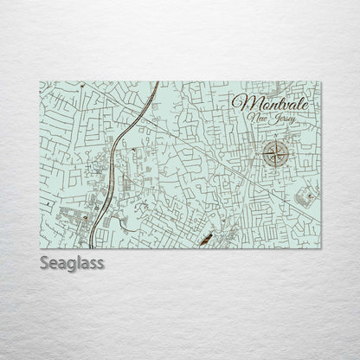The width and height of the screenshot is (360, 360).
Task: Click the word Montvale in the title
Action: coord(268,100)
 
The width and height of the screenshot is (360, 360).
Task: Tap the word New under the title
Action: coord(257,117)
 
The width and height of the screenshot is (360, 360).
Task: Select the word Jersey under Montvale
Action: coord(283,118)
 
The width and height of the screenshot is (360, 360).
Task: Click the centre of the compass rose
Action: coord(276,156)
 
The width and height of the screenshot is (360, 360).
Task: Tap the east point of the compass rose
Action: coord(291,156)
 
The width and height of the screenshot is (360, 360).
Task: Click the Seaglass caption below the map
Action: coord(71,262)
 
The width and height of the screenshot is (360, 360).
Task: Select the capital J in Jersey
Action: coord(273,118)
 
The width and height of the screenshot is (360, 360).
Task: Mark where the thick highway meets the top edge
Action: coord(157,83)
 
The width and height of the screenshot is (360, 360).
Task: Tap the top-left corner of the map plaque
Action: coord(40,82)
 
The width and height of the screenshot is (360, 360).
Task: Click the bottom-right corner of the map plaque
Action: coord(321,248)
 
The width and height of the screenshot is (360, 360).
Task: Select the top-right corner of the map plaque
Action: coord(321,82)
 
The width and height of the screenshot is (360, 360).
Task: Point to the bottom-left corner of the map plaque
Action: coord(40,248)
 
